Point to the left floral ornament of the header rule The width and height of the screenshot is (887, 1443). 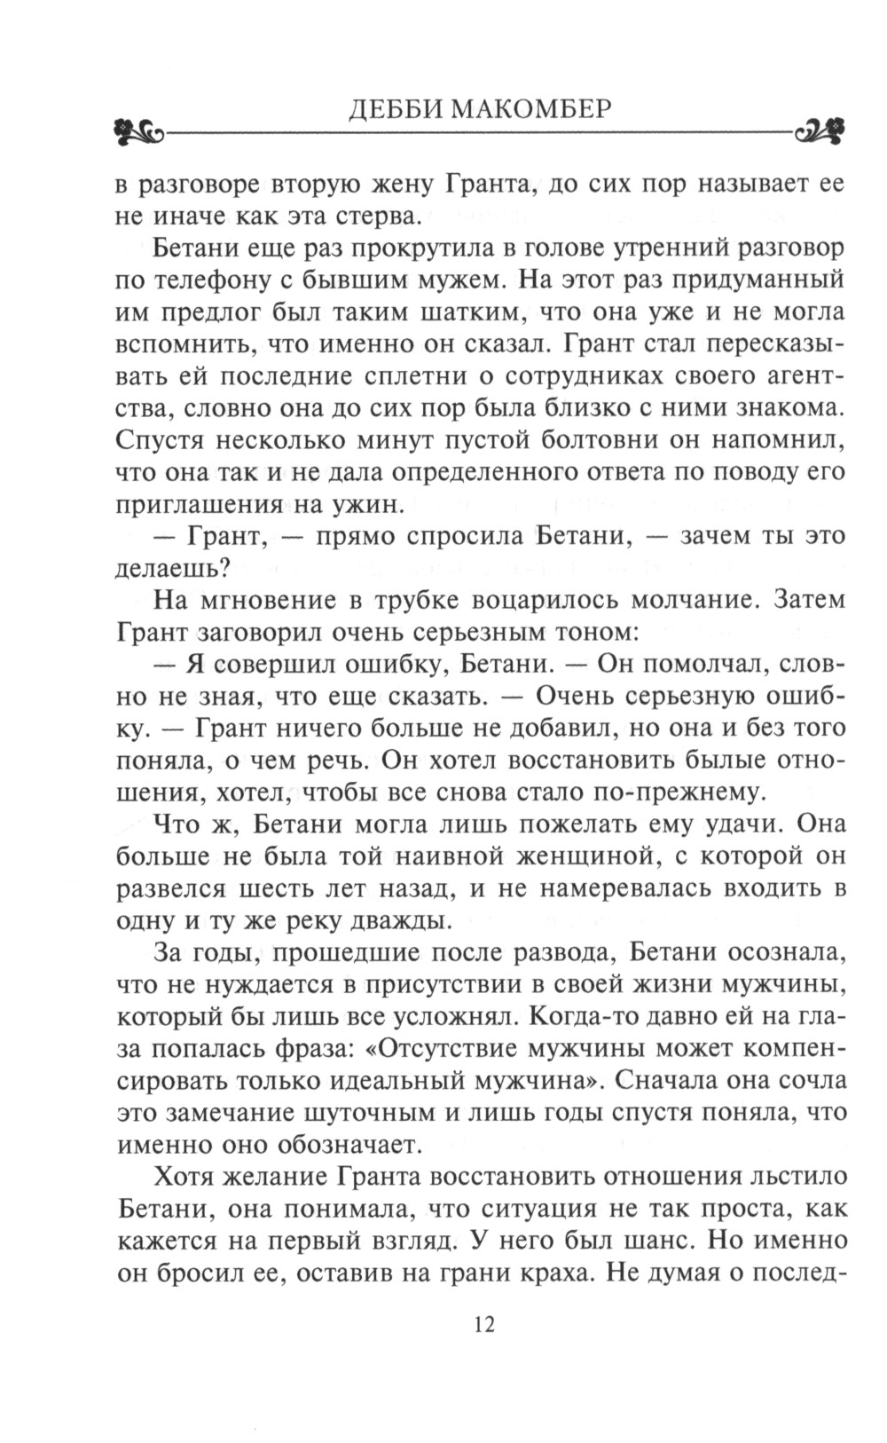click(x=139, y=133)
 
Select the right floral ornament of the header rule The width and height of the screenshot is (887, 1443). click(x=820, y=133)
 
